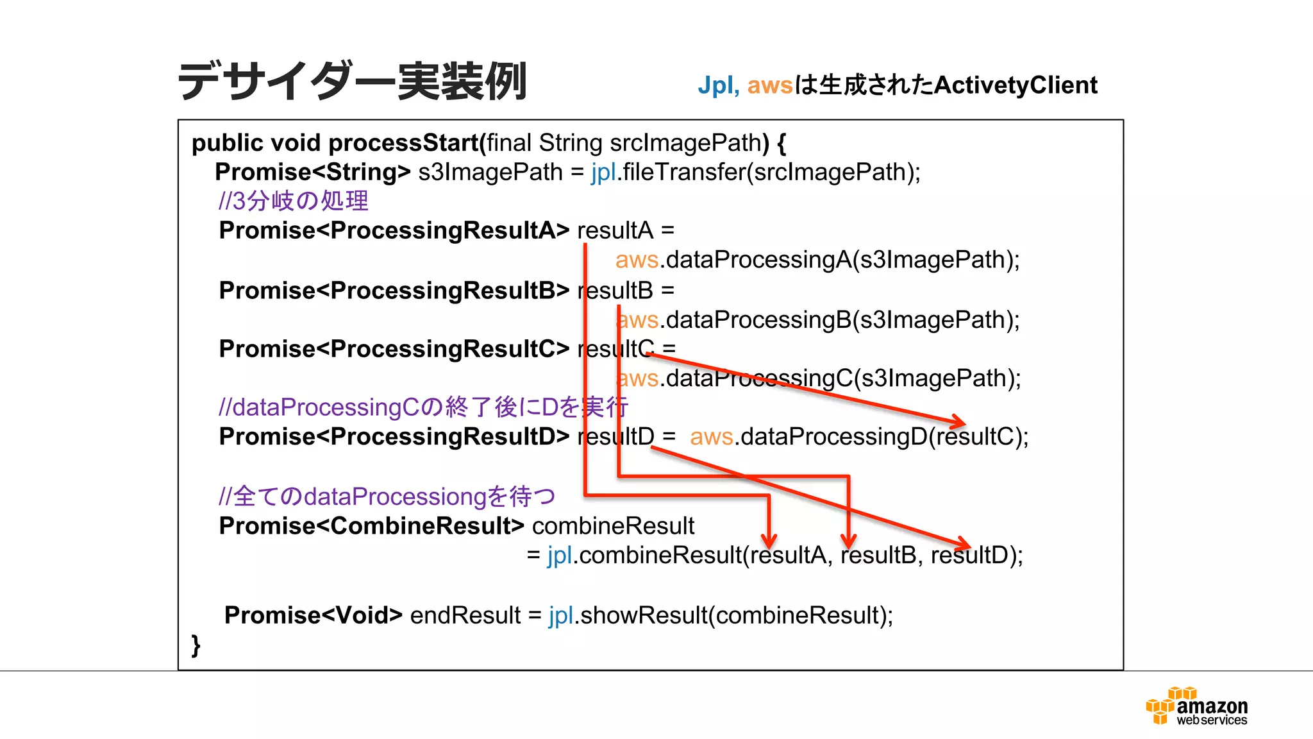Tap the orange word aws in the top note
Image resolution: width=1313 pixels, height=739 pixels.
coord(770,85)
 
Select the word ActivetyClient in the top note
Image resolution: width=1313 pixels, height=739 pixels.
coord(1016,85)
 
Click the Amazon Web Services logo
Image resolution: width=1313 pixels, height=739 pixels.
coord(1196,706)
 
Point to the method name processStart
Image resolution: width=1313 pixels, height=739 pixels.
coord(404,142)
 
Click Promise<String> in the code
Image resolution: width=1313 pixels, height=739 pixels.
coord(312,172)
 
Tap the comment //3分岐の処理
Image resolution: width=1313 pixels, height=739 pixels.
coord(293,201)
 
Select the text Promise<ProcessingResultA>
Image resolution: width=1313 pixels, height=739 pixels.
coord(394,230)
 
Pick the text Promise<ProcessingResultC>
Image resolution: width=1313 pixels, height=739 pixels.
coord(394,349)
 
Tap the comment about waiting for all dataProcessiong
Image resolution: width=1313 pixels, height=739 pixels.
coord(387,496)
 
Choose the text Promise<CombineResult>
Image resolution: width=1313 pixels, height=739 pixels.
coord(371,526)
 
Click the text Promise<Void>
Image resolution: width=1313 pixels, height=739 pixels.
coord(313,615)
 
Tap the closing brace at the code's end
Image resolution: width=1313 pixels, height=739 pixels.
coord(196,644)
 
